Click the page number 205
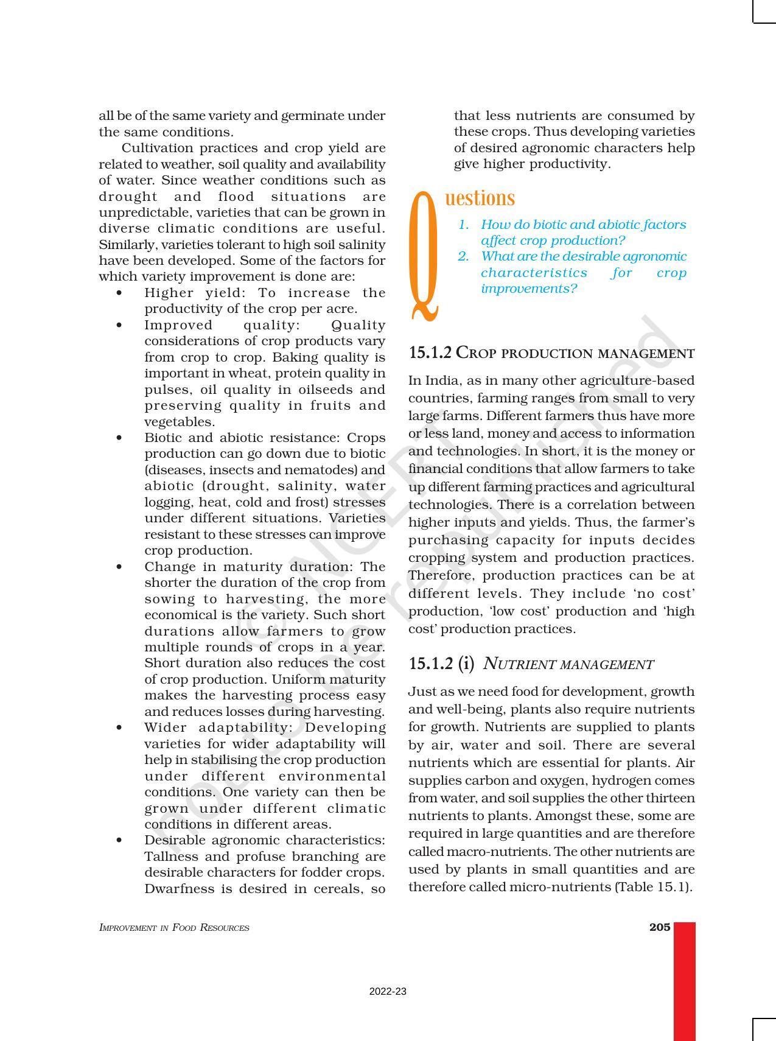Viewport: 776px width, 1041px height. point(659,927)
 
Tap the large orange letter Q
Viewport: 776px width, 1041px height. point(424,256)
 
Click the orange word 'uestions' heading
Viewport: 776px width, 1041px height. point(480,198)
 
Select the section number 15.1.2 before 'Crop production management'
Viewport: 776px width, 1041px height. point(430,353)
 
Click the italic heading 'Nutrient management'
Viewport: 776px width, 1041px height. point(568,664)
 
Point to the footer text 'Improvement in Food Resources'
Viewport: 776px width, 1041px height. point(174,928)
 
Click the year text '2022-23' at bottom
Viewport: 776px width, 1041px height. point(388,992)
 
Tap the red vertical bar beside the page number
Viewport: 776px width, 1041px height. point(684,980)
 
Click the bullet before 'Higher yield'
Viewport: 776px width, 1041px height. point(119,293)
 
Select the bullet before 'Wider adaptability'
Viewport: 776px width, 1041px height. point(119,728)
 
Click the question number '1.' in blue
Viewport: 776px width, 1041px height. point(464,225)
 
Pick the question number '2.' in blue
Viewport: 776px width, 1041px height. point(464,256)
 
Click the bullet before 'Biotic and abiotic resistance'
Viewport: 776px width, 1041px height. point(119,438)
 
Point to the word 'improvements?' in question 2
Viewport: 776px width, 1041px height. point(528,289)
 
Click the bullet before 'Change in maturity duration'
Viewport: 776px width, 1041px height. point(119,567)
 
